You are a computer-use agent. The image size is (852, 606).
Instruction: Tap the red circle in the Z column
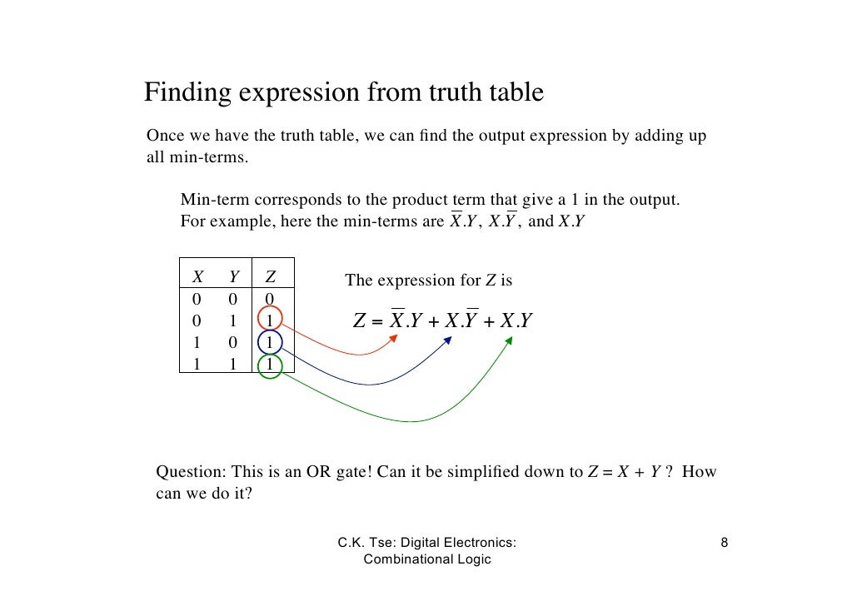coord(270,320)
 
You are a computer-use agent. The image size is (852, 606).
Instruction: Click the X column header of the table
coord(198,277)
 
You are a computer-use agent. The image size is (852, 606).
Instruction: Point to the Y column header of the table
coord(234,277)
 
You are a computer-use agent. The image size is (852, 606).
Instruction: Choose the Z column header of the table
coord(270,277)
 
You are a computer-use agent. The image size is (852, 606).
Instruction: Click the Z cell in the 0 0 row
coord(270,299)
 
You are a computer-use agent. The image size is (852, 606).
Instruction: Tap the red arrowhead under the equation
coord(394,340)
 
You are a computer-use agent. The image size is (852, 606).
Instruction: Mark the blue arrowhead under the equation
coord(449,340)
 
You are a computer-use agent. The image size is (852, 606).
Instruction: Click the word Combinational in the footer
coord(405,559)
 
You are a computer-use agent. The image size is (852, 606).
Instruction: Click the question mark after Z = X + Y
coord(669,473)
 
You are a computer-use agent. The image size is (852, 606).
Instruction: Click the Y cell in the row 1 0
coord(234,341)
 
